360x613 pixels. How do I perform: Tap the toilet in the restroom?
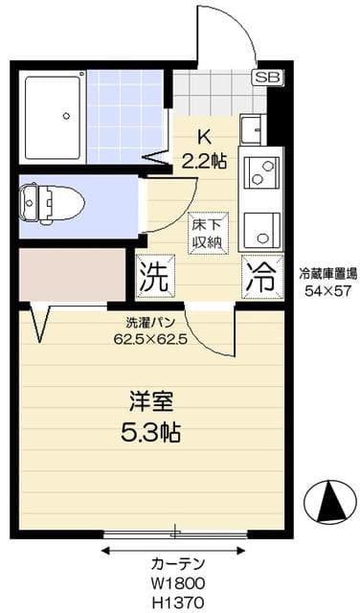(x=54, y=202)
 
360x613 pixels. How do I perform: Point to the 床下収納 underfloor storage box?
(x=206, y=231)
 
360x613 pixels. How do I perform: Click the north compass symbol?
(x=327, y=499)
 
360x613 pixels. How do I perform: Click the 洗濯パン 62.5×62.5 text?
(x=149, y=330)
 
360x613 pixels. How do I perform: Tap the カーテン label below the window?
(x=175, y=563)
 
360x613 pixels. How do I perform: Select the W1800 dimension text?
(x=176, y=582)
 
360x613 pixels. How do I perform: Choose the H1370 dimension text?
(x=176, y=601)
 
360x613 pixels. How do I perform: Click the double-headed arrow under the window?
(x=175, y=549)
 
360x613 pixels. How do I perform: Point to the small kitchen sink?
(x=253, y=127)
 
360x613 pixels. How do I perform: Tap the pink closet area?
(x=73, y=274)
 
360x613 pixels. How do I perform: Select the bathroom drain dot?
(x=66, y=116)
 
